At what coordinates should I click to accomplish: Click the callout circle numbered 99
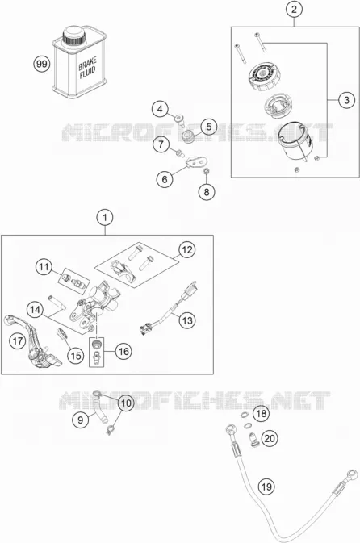click(42, 64)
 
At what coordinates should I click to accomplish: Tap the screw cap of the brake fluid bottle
click(73, 36)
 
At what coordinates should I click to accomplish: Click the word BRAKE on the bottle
click(87, 64)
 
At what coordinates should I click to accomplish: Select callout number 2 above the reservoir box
click(294, 10)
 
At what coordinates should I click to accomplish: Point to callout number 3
click(347, 100)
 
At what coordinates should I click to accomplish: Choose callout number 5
click(209, 127)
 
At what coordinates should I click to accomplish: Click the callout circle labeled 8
click(207, 192)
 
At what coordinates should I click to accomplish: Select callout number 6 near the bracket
click(165, 179)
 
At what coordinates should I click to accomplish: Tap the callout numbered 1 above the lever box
click(105, 218)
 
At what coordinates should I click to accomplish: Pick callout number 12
click(187, 249)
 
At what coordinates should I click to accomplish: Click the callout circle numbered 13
click(187, 320)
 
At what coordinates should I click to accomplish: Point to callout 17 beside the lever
click(17, 341)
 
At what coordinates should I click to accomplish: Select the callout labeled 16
click(123, 352)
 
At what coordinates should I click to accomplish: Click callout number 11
click(44, 267)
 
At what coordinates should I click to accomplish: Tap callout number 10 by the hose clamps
click(127, 403)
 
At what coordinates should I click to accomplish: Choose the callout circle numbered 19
click(266, 487)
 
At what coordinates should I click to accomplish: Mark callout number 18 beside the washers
click(262, 413)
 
